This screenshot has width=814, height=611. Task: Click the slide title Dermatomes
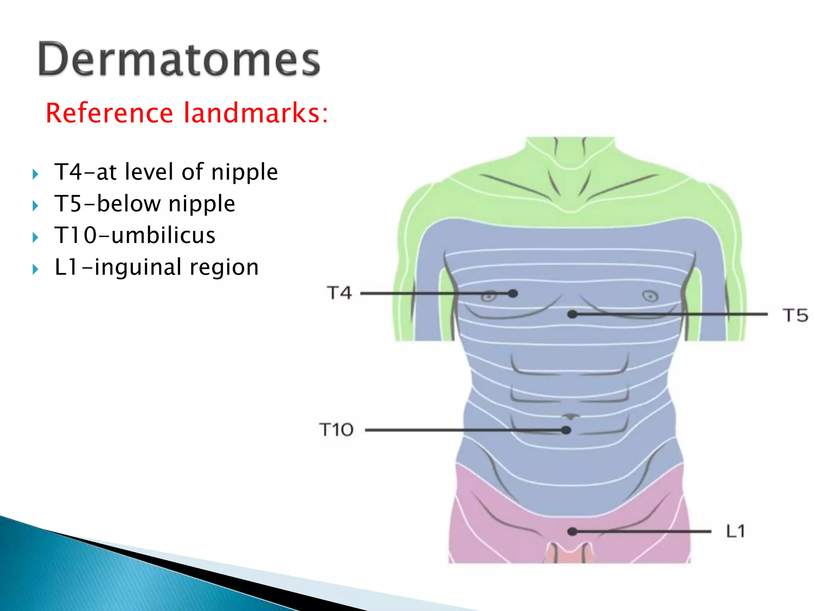pyautogui.click(x=179, y=60)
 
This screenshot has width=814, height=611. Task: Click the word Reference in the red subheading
pyautogui.click(x=109, y=113)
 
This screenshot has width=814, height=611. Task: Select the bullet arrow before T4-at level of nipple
pyautogui.click(x=35, y=174)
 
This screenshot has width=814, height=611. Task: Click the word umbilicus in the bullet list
pyautogui.click(x=163, y=235)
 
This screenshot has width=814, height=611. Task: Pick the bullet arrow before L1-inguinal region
pyautogui.click(x=35, y=269)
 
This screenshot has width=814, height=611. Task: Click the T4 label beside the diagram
pyautogui.click(x=339, y=293)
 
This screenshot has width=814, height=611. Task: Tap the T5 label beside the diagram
pyautogui.click(x=795, y=315)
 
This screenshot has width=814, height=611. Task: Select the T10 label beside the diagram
pyautogui.click(x=336, y=430)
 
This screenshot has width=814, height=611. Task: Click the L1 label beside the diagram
pyautogui.click(x=735, y=531)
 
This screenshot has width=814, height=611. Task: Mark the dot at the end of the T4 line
pyautogui.click(x=513, y=294)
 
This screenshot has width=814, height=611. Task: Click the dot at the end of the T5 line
pyautogui.click(x=572, y=314)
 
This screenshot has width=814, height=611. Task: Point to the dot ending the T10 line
pyautogui.click(x=566, y=430)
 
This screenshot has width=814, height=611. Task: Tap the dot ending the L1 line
pyautogui.click(x=572, y=531)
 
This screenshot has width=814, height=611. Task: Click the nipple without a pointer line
pyautogui.click(x=650, y=296)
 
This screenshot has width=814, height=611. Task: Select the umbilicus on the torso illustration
pyautogui.click(x=571, y=416)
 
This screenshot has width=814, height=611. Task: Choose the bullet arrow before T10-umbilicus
pyautogui.click(x=35, y=237)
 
